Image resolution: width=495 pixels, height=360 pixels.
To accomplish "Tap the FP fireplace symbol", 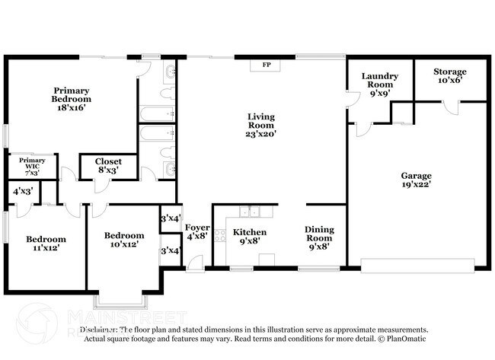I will (x=267, y=65).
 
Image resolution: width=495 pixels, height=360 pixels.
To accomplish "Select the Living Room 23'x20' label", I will (x=260, y=125).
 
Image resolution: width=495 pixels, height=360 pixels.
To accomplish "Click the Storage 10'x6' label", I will (x=450, y=75).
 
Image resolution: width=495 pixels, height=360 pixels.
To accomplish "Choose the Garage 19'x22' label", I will (x=417, y=180).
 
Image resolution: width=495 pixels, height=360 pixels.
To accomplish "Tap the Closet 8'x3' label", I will (x=108, y=166).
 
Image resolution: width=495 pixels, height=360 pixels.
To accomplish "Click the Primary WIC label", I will (x=32, y=166).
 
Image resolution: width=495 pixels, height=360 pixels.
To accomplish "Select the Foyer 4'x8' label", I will (x=196, y=231).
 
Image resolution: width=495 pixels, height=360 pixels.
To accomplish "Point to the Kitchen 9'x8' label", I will (x=249, y=236).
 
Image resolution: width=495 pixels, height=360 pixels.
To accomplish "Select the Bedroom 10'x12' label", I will (x=124, y=240).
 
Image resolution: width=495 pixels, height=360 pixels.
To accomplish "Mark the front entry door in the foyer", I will (x=196, y=263).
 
